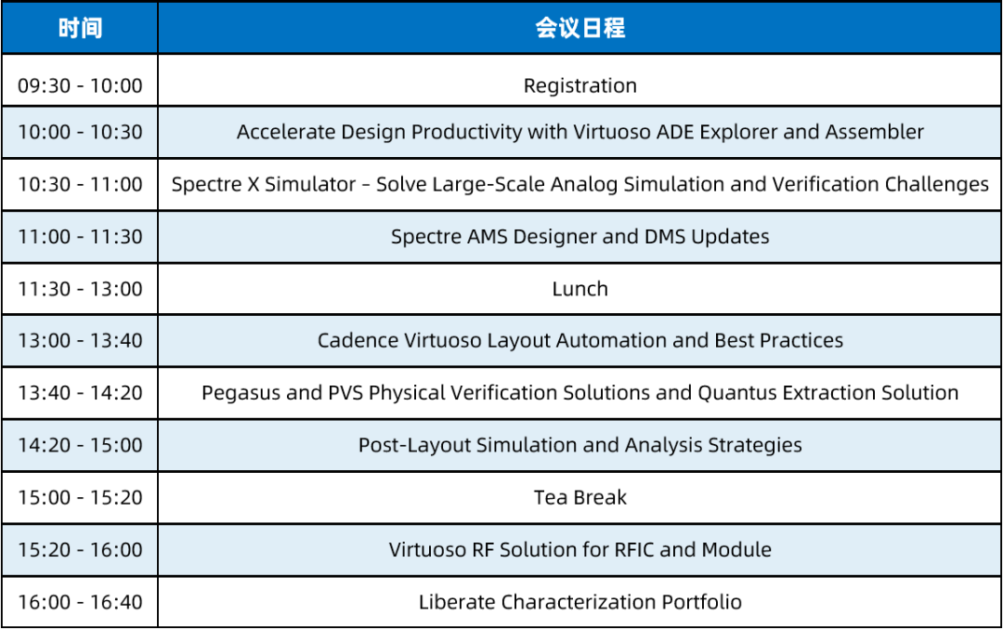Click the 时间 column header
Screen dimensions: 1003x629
click(x=80, y=28)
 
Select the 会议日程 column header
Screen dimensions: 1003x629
click(x=580, y=28)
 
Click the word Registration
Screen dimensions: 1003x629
click(x=580, y=85)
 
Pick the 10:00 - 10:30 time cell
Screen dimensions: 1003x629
click(x=80, y=133)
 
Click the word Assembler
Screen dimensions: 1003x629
click(x=875, y=132)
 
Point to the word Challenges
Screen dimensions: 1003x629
click(x=936, y=184)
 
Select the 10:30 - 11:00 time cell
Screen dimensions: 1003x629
click(x=80, y=185)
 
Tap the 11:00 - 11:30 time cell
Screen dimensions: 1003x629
click(x=80, y=237)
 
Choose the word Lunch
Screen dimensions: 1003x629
click(x=580, y=289)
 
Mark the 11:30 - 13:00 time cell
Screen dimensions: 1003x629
click(x=80, y=289)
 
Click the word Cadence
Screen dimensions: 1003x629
click(x=358, y=340)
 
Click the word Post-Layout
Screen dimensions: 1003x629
click(x=414, y=445)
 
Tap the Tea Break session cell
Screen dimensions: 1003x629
click(x=580, y=498)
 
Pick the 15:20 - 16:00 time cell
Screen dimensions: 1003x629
click(x=80, y=550)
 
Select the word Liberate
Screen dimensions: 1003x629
click(x=457, y=602)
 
